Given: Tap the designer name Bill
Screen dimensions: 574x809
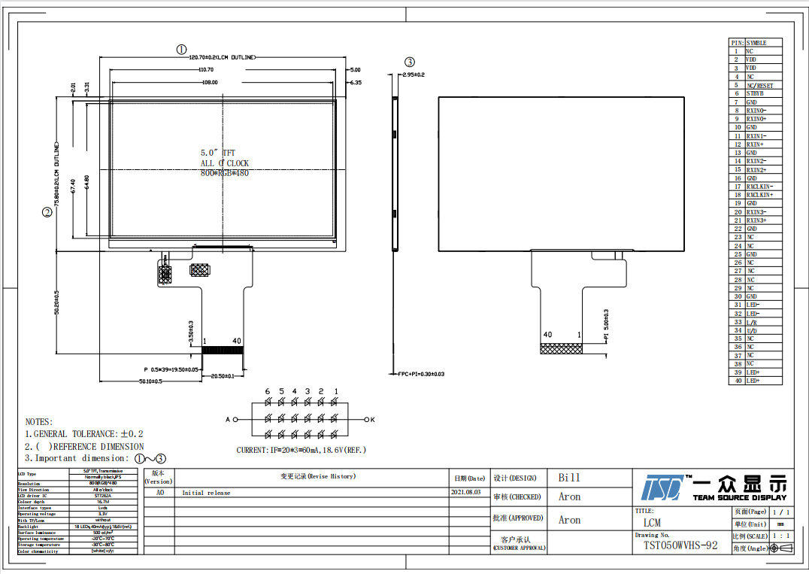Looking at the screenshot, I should (x=569, y=478).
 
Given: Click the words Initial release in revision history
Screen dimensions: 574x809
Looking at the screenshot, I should (x=206, y=494).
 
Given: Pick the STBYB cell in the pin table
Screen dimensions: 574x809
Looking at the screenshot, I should (x=755, y=94).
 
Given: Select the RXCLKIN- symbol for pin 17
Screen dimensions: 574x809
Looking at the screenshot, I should (x=759, y=187).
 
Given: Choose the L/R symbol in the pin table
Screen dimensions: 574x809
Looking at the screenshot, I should (x=751, y=322).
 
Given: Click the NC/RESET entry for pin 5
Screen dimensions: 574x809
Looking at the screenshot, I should (x=759, y=86).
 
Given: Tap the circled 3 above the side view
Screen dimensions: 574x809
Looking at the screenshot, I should (x=409, y=62).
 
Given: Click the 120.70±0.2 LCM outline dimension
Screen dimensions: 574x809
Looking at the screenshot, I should (x=221, y=57).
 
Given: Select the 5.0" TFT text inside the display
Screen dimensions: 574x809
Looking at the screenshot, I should (x=218, y=153).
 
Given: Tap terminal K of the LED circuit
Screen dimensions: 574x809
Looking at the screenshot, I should (x=372, y=419).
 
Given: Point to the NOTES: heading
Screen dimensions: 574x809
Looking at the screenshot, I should (x=39, y=422).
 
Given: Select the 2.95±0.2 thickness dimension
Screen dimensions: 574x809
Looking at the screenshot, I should (x=413, y=75).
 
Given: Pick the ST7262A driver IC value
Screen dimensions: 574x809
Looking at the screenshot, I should (x=103, y=496).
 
